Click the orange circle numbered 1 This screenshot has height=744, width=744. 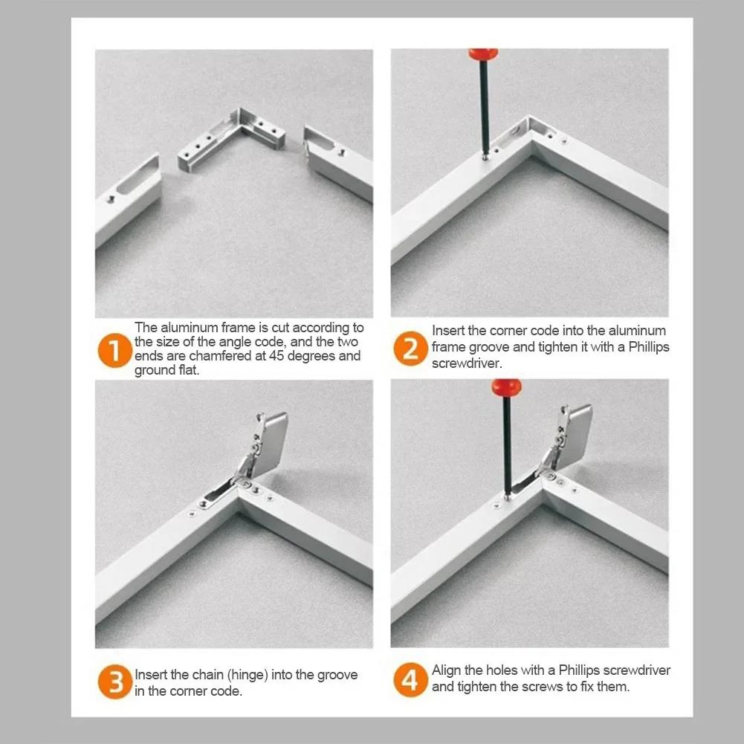coord(114,350)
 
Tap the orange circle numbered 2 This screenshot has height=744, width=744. coord(410,349)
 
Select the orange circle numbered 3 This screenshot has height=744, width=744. coord(114,682)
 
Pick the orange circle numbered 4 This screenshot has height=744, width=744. coord(410,680)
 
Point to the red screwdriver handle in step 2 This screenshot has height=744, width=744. coord(483,54)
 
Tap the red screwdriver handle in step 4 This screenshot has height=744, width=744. coord(506,388)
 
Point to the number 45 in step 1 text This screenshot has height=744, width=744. coord(276,356)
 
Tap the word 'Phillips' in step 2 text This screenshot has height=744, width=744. coord(649,347)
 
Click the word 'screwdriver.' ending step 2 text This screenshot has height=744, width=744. coord(467,363)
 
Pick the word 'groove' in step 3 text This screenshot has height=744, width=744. coord(337,675)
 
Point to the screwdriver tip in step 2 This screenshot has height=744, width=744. coord(485,157)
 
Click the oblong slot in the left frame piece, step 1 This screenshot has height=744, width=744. coord(138,175)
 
